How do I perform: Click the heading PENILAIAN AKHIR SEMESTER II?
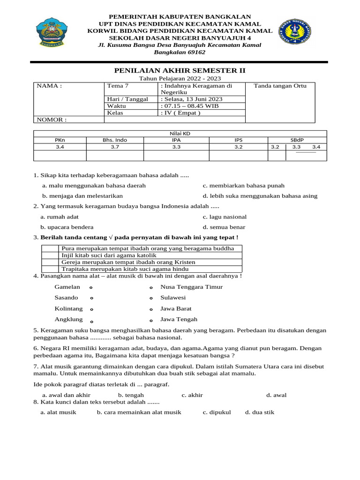pyautogui.click(x=180, y=70)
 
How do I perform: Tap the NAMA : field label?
pyautogui.click(x=49, y=86)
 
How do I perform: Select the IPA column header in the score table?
pyautogui.click(x=176, y=140)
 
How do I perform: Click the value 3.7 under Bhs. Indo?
pyautogui.click(x=115, y=147)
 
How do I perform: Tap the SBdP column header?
pyautogui.click(x=297, y=140)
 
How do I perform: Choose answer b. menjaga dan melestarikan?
pyautogui.click(x=82, y=196)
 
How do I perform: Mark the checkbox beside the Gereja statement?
pyautogui.click(x=50, y=262)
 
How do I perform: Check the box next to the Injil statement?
pyautogui.click(x=50, y=255)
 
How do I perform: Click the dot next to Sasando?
pyautogui.click(x=91, y=298)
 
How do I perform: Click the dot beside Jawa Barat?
pyautogui.click(x=151, y=309)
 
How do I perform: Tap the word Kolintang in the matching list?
pyautogui.click(x=68, y=309)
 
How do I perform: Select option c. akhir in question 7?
pyautogui.click(x=192, y=395)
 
